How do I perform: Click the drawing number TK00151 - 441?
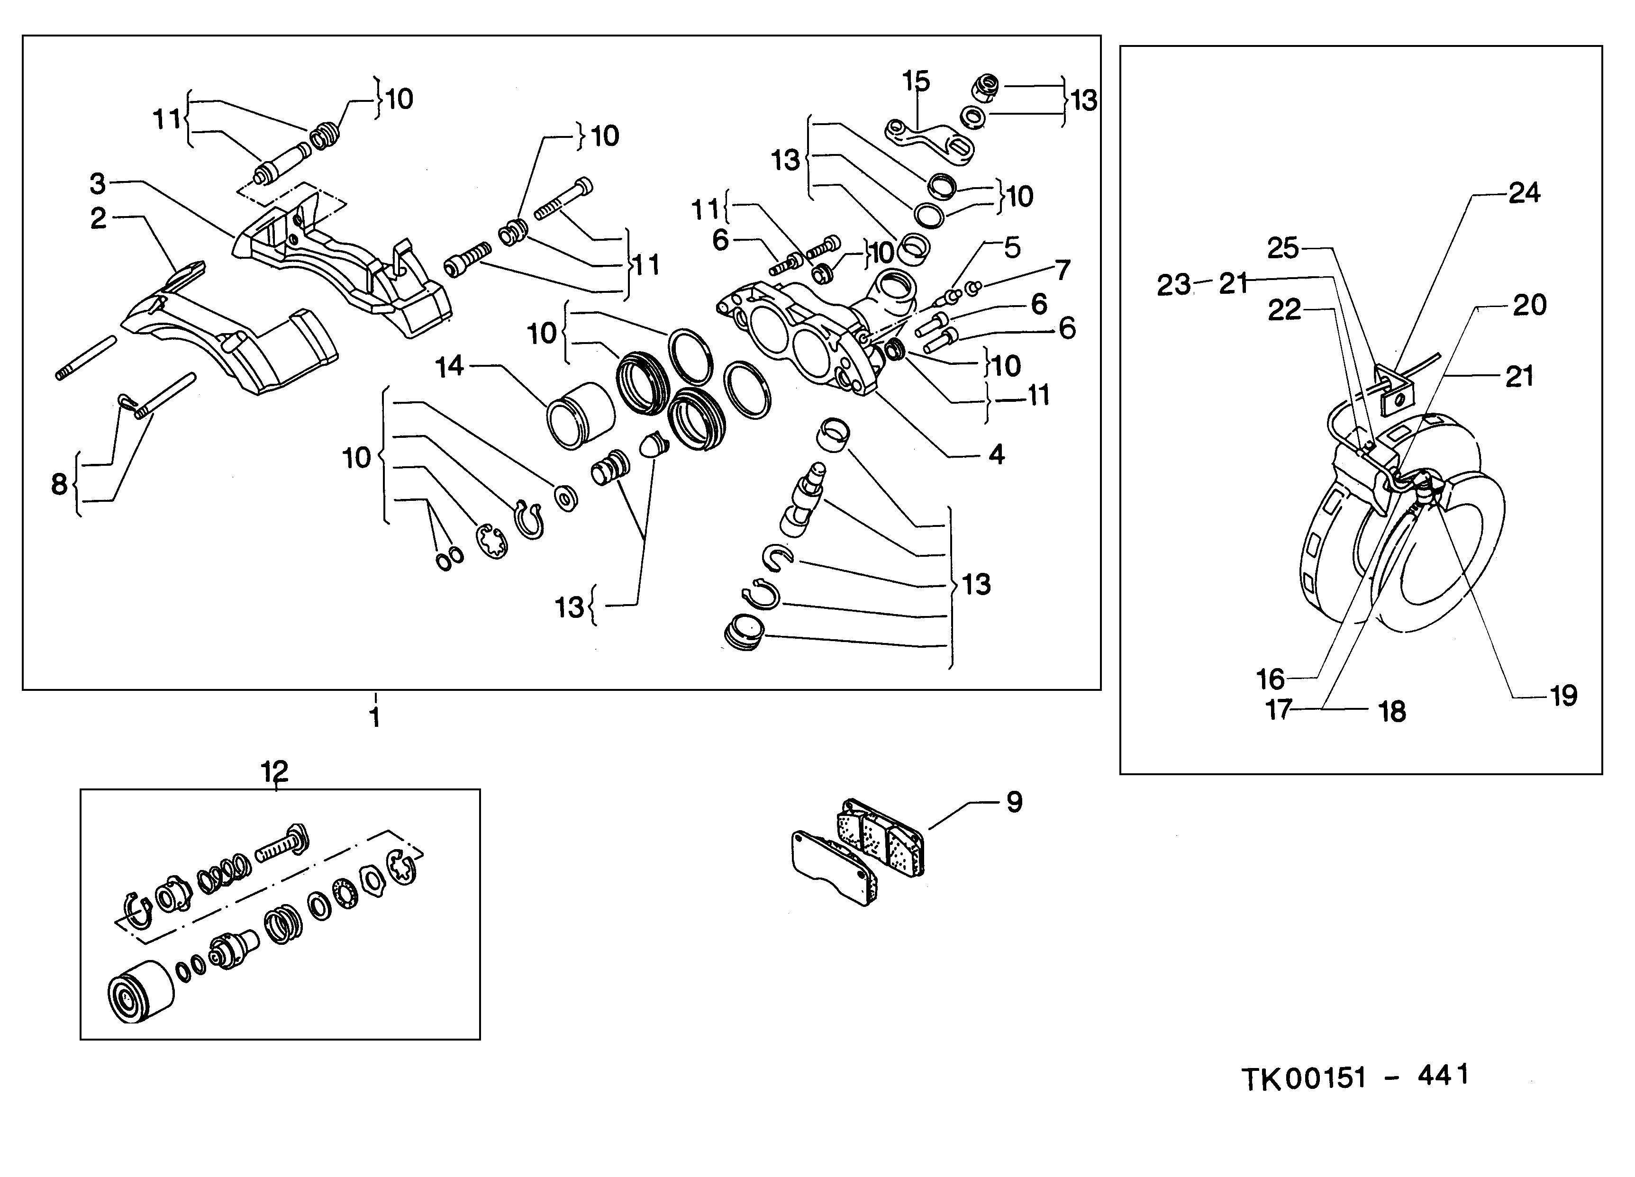click(1354, 1077)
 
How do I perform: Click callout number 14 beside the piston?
click(449, 367)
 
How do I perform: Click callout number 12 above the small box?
click(275, 771)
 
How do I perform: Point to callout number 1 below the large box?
click(375, 717)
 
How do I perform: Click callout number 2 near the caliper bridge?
click(99, 218)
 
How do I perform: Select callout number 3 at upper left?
click(98, 184)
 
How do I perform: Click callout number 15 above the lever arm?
click(916, 81)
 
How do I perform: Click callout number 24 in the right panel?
click(1524, 193)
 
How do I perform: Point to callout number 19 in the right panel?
click(1563, 696)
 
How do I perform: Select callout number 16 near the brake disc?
click(1270, 679)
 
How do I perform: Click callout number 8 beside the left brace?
click(59, 484)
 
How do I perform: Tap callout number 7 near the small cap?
click(1063, 270)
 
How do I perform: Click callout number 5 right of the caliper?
click(1012, 248)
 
